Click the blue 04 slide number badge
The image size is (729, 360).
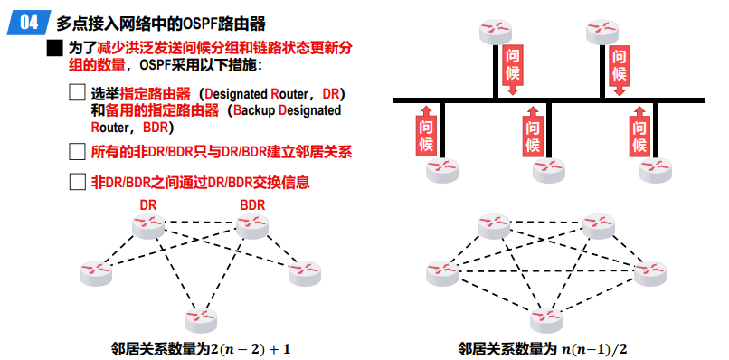(29, 23)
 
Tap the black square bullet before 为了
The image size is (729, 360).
(54, 48)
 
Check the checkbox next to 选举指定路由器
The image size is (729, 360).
(77, 92)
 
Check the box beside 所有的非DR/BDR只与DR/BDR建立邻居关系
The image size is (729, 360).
(77, 152)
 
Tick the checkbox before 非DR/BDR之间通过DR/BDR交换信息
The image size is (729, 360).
(77, 182)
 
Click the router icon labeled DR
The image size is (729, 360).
(147, 226)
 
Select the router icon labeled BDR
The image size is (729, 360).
(252, 226)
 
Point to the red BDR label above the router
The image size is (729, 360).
(252, 204)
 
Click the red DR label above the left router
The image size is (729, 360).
(147, 204)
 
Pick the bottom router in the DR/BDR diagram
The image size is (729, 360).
(201, 320)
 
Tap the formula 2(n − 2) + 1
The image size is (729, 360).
(251, 348)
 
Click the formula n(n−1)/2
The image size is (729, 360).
(598, 348)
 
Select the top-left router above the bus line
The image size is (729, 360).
(496, 32)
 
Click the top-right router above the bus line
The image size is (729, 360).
(602, 32)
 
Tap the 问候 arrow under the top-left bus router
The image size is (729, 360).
(512, 70)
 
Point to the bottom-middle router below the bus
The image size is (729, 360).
(549, 170)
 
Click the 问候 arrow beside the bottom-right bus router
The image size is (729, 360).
(639, 131)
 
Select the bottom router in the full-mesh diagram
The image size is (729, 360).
(547, 320)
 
